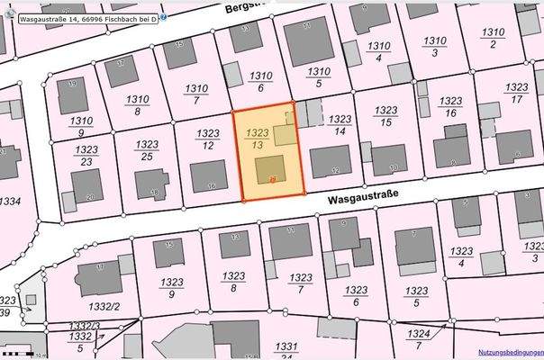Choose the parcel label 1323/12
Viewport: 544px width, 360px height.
coord(208,139)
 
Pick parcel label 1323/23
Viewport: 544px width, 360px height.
coord(86,156)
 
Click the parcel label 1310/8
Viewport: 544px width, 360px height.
coord(137,106)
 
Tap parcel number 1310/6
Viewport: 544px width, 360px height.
coord(260,82)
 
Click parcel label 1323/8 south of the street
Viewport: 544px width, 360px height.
coord(233,282)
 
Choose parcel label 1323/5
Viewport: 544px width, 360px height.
coord(415,297)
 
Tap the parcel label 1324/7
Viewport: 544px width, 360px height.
coord(419,338)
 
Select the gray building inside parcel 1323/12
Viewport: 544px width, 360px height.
coord(210,175)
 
